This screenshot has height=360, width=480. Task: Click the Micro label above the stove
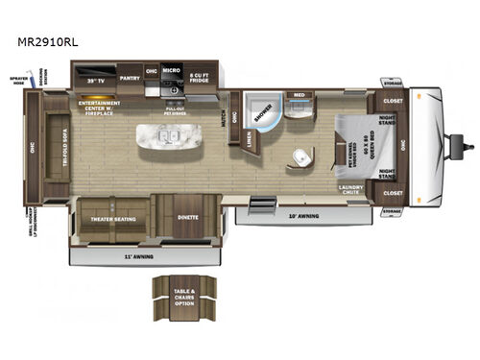click(172, 70)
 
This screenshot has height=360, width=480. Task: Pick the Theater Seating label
click(111, 218)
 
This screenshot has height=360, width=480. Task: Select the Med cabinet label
click(300, 95)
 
